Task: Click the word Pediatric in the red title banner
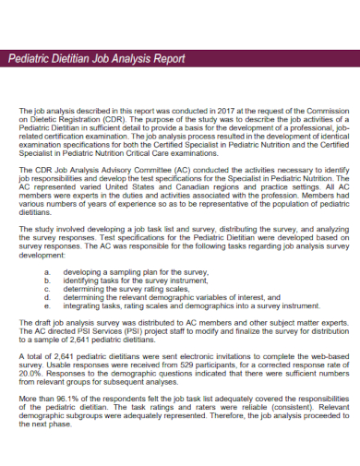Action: (31, 59)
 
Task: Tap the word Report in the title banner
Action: (166, 59)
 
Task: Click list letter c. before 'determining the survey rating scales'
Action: (47, 290)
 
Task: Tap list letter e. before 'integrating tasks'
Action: (47, 305)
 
